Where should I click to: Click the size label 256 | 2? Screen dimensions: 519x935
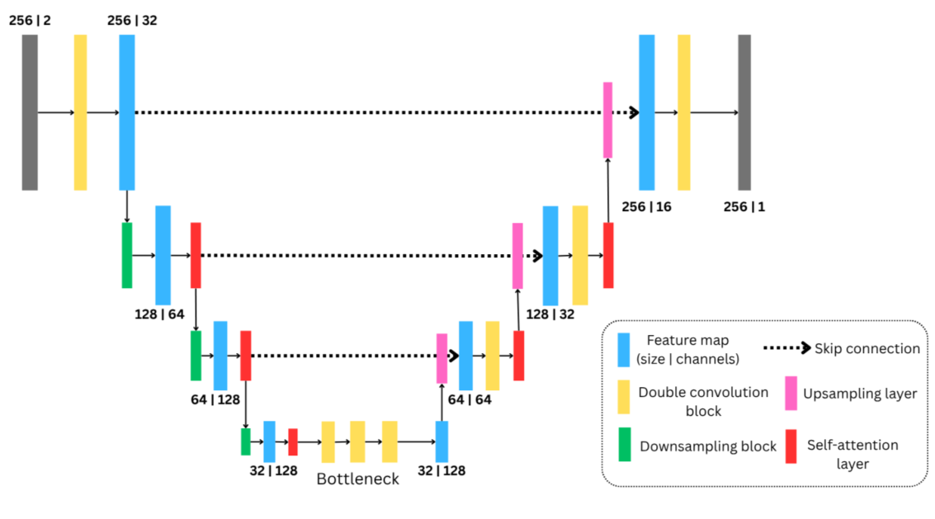30,20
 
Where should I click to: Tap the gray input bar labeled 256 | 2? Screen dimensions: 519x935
30,112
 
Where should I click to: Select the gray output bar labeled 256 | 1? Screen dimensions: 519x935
744,112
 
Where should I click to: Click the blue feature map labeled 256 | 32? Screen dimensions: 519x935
126,112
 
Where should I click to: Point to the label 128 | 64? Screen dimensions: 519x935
160,314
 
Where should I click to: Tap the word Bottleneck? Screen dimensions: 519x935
357,479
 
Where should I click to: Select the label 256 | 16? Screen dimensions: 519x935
646,207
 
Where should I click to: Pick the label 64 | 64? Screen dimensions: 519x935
469,400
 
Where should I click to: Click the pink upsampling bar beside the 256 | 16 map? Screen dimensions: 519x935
607,120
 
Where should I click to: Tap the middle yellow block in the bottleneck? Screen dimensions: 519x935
357,441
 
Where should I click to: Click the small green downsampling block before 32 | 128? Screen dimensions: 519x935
245,441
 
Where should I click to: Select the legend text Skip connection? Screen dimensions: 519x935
867,348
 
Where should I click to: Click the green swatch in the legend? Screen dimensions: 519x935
625,446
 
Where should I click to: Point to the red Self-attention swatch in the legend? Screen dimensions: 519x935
791,446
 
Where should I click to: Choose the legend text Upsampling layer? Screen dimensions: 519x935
860,394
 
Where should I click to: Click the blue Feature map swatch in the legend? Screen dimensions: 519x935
625,350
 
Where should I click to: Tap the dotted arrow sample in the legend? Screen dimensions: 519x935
787,348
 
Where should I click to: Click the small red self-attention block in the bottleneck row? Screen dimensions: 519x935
292,441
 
